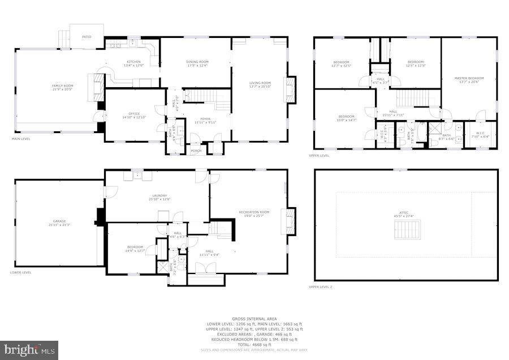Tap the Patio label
[87, 37]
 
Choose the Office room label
[134, 115]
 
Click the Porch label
[196, 151]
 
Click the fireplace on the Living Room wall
[291, 89]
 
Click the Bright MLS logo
[29, 350]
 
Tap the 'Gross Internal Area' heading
[254, 319]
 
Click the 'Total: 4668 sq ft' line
[254, 345]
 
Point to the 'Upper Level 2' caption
[320, 287]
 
